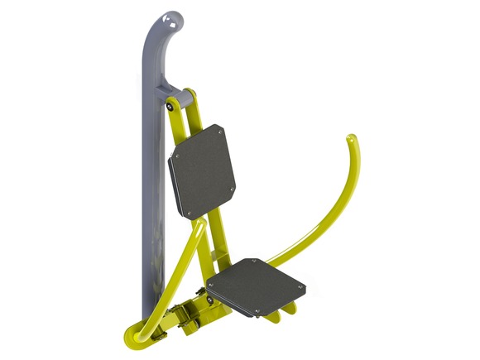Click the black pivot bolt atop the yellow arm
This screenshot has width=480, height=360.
pyautogui.click(x=170, y=105)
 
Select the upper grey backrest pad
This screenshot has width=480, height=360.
pyautogui.click(x=203, y=170)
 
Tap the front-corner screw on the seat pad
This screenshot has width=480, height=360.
pyautogui.click(x=257, y=313)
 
